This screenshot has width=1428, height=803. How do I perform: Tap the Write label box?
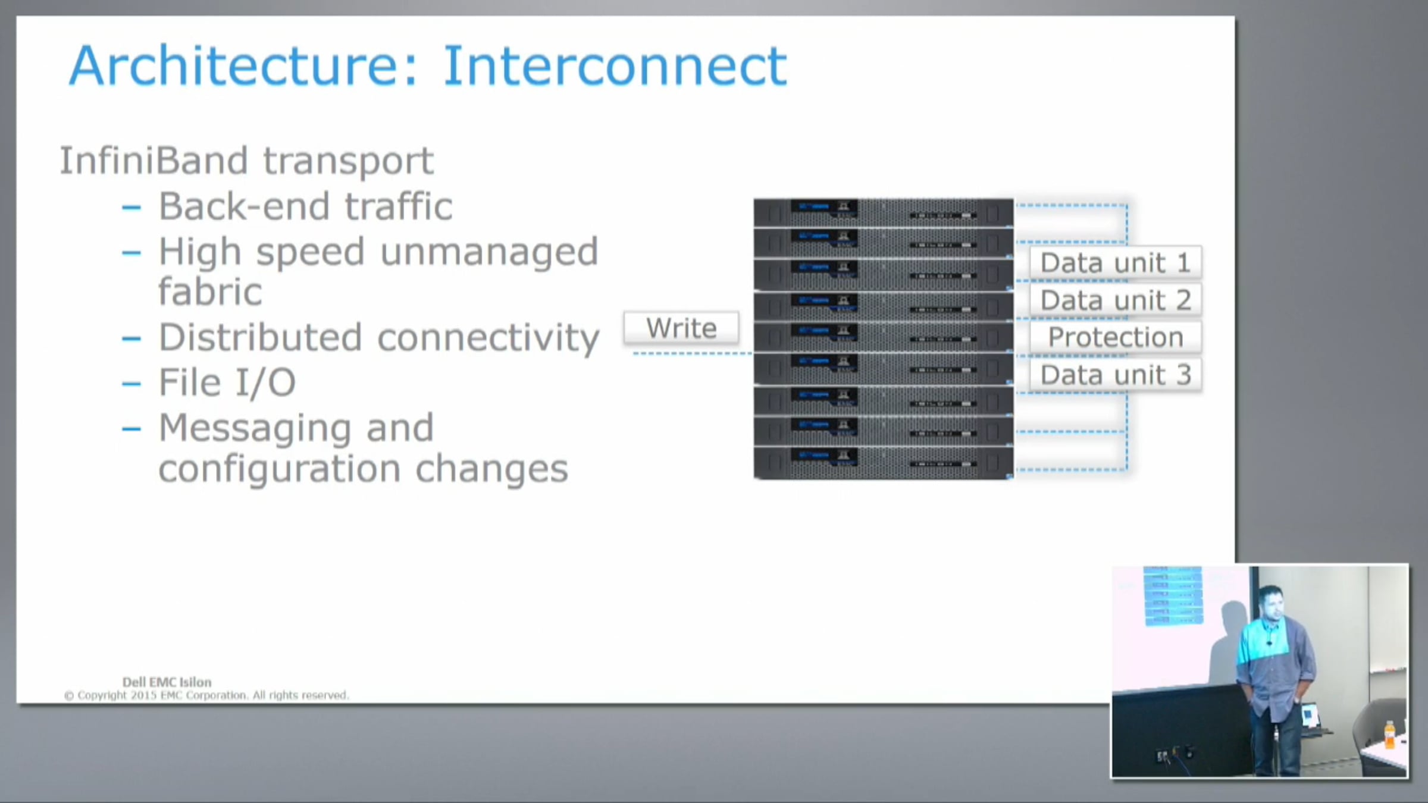pyautogui.click(x=681, y=328)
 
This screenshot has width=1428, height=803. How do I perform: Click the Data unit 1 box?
pyautogui.click(x=1115, y=262)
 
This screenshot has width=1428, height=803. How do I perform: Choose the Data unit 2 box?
pyautogui.click(x=1115, y=300)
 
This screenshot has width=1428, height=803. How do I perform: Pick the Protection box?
pyautogui.click(x=1115, y=337)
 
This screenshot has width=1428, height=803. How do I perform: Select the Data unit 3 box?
pyautogui.click(x=1115, y=375)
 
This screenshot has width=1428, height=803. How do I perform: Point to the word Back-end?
pyautogui.click(x=244, y=206)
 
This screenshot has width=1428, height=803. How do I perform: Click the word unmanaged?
pyautogui.click(x=488, y=252)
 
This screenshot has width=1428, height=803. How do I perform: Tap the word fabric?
pyautogui.click(x=210, y=291)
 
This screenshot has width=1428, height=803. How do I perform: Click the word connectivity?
pyautogui.click(x=488, y=338)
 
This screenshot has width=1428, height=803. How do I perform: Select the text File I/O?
pyautogui.click(x=227, y=382)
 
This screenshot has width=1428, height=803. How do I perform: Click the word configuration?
pyautogui.click(x=278, y=469)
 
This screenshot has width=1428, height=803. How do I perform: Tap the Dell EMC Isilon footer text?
pyautogui.click(x=167, y=682)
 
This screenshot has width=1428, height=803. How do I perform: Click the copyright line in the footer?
pyautogui.click(x=206, y=695)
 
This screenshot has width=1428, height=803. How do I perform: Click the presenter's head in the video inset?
pyautogui.click(x=1271, y=602)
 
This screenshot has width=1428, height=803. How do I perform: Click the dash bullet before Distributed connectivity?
pyautogui.click(x=131, y=338)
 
